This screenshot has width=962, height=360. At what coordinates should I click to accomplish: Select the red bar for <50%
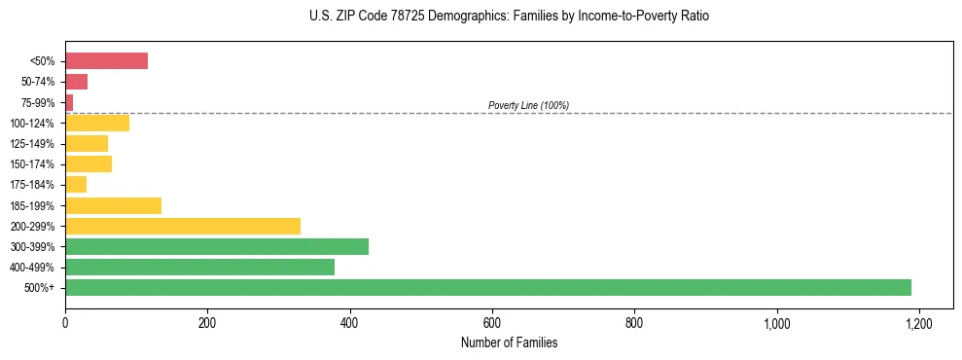(106, 61)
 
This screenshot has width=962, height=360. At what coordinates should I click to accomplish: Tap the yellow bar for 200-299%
(183, 226)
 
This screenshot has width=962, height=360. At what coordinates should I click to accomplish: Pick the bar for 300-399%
(217, 246)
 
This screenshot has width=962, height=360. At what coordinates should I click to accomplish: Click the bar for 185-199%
(113, 205)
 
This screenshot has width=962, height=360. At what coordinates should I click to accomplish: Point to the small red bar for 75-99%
(69, 102)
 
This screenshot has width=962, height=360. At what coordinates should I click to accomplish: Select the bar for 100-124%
(97, 123)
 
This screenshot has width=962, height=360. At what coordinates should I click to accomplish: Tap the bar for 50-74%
(76, 82)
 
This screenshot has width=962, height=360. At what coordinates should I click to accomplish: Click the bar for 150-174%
(89, 163)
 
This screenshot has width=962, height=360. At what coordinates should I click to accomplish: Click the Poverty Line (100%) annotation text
(528, 105)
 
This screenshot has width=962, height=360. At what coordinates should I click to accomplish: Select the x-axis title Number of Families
(509, 342)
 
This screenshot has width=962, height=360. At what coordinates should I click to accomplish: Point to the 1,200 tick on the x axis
(918, 322)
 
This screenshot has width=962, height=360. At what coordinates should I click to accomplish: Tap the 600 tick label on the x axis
(492, 322)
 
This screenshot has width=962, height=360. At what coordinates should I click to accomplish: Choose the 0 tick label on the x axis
(65, 322)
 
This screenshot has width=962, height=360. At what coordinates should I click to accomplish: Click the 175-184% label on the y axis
(32, 185)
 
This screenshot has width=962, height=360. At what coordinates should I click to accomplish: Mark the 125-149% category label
(32, 144)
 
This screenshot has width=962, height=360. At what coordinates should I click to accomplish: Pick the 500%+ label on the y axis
(39, 288)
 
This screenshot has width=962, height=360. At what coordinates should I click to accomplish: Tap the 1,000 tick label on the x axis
(776, 322)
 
